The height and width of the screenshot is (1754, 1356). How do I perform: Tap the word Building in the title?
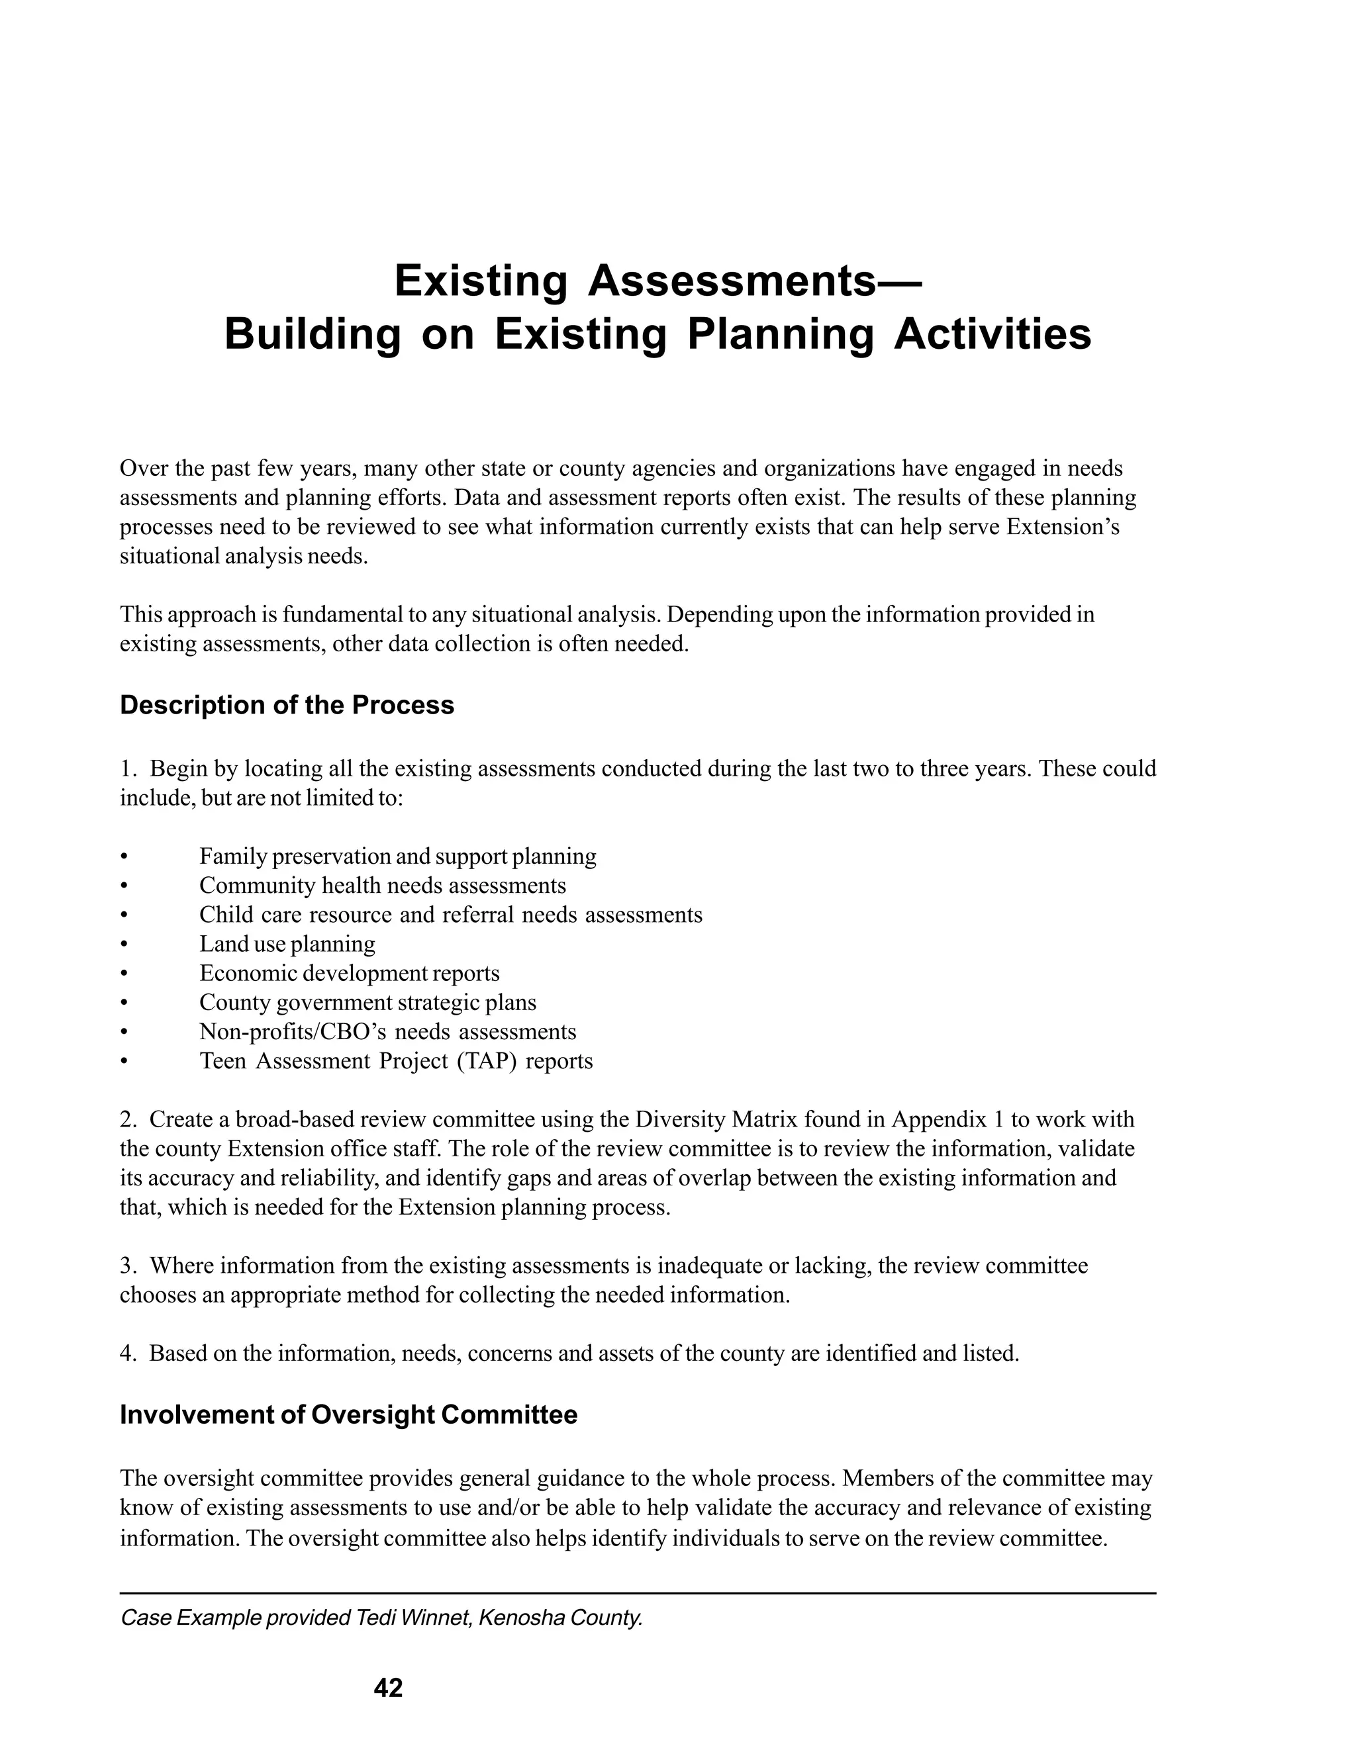click(312, 335)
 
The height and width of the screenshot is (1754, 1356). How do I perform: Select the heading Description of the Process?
click(287, 705)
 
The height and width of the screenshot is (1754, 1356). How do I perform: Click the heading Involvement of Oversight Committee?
click(348, 1414)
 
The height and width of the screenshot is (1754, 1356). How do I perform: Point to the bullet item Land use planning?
click(287, 944)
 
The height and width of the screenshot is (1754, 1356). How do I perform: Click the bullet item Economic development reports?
click(350, 974)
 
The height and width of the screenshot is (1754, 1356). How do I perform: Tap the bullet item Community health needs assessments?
click(383, 886)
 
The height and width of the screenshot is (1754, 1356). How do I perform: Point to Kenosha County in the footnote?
click(561, 1618)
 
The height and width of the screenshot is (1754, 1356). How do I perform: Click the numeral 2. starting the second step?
click(129, 1119)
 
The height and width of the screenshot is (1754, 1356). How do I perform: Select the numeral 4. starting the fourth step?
click(129, 1354)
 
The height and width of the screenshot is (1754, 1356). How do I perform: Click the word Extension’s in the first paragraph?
click(1063, 528)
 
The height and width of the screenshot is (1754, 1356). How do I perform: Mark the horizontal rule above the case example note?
click(637, 1592)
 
